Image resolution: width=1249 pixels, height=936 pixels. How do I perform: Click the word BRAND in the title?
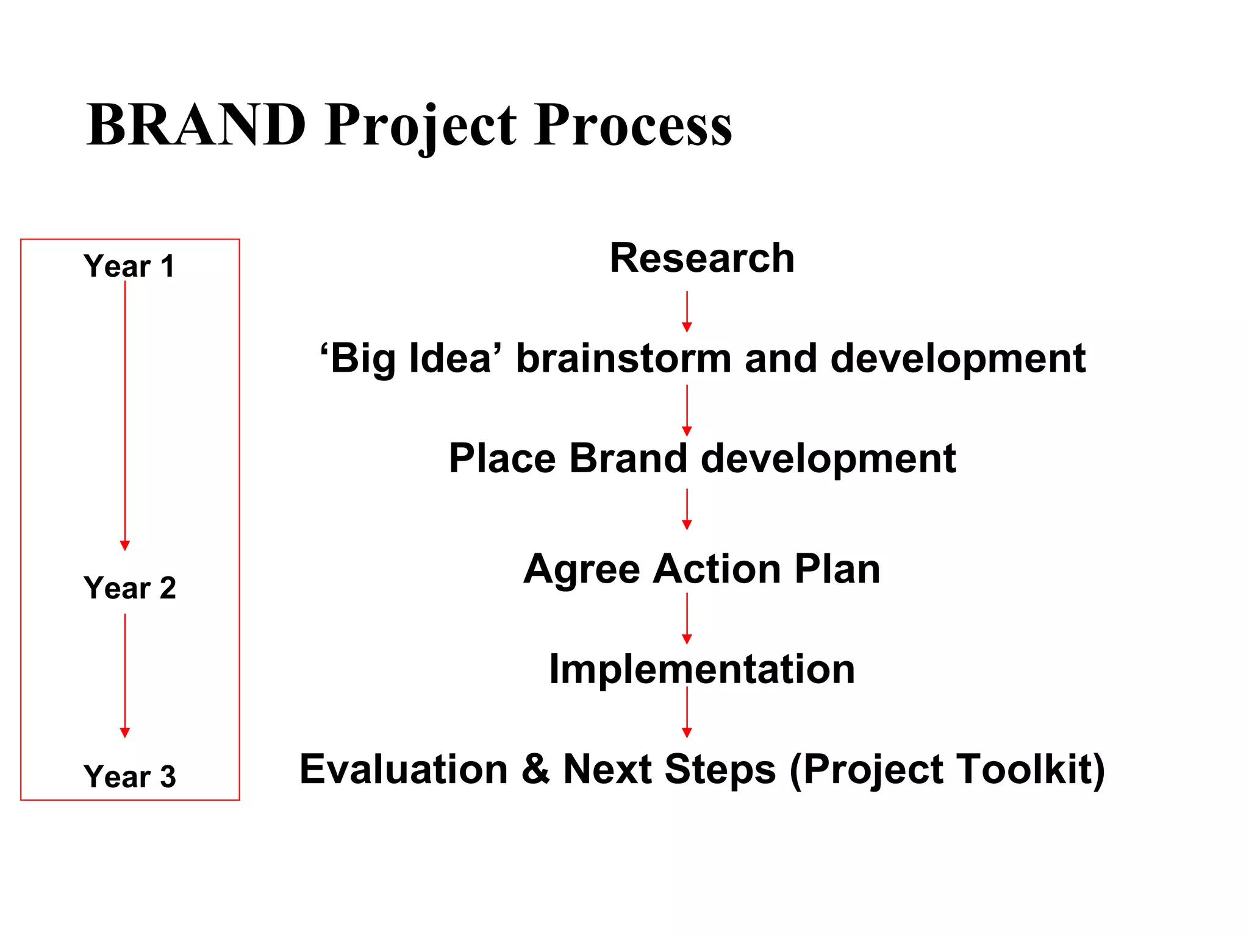pyautogui.click(x=196, y=125)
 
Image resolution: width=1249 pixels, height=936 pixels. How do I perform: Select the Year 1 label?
pyautogui.click(x=129, y=266)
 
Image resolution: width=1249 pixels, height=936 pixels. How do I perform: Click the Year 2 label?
pyautogui.click(x=129, y=588)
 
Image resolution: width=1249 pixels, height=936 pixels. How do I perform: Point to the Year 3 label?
pyautogui.click(x=129, y=777)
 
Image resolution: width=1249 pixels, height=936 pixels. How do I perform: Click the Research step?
pyautogui.click(x=702, y=258)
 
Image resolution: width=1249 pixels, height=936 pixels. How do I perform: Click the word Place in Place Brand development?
pyautogui.click(x=502, y=458)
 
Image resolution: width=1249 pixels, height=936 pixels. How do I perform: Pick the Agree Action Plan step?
pyautogui.click(x=702, y=569)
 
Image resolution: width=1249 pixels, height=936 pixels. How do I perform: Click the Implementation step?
pyautogui.click(x=702, y=669)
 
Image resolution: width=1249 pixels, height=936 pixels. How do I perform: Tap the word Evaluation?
pyautogui.click(x=404, y=769)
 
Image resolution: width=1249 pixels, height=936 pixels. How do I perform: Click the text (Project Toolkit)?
pyautogui.click(x=947, y=769)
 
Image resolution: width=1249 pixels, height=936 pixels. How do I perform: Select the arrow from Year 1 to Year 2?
pyautogui.click(x=125, y=414)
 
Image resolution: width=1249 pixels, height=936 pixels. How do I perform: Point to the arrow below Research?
pyautogui.click(x=687, y=311)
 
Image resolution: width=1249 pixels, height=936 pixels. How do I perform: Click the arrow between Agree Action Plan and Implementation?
pyautogui.click(x=687, y=618)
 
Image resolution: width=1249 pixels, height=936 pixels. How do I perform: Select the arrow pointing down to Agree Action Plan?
pyautogui.click(x=687, y=509)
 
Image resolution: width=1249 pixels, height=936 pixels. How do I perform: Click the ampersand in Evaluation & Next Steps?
pyautogui.click(x=535, y=769)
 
